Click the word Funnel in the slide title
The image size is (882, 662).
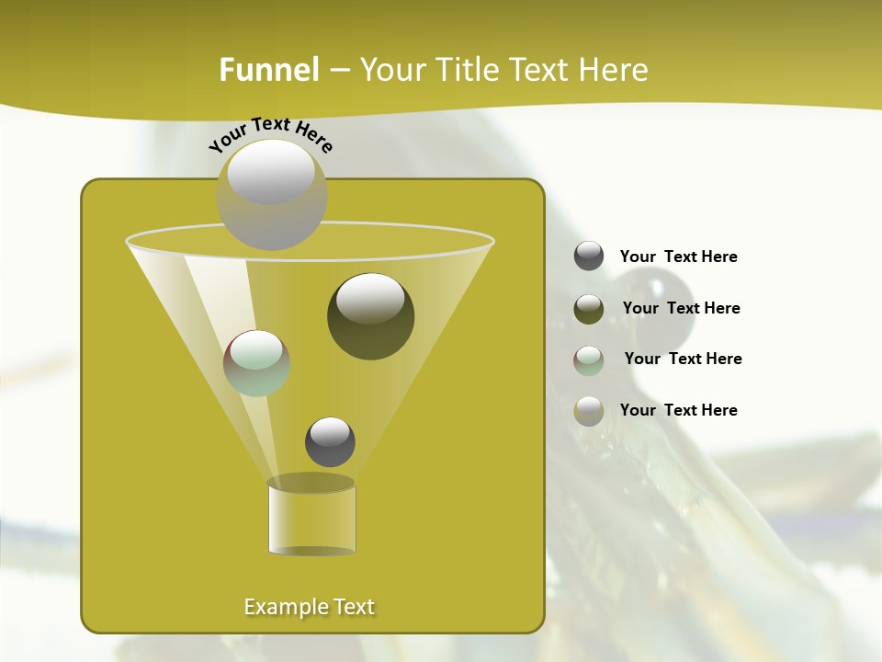(x=268, y=70)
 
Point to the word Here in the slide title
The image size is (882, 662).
(x=611, y=70)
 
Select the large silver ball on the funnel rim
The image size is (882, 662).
(x=271, y=194)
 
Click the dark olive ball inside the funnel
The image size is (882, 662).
(x=370, y=315)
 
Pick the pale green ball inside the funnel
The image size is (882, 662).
(x=256, y=363)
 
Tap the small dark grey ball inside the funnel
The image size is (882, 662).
(x=330, y=441)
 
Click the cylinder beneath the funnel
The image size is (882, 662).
(x=311, y=517)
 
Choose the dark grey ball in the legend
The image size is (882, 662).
(x=589, y=256)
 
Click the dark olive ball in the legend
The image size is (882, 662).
(x=589, y=308)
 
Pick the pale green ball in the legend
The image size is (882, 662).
(x=589, y=360)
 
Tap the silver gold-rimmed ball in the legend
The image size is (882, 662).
(x=589, y=411)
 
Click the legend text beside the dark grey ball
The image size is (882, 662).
(x=678, y=257)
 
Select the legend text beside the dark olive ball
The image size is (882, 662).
(x=681, y=308)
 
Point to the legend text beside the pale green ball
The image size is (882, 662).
(x=683, y=359)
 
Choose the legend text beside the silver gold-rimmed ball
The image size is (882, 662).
(x=678, y=410)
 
